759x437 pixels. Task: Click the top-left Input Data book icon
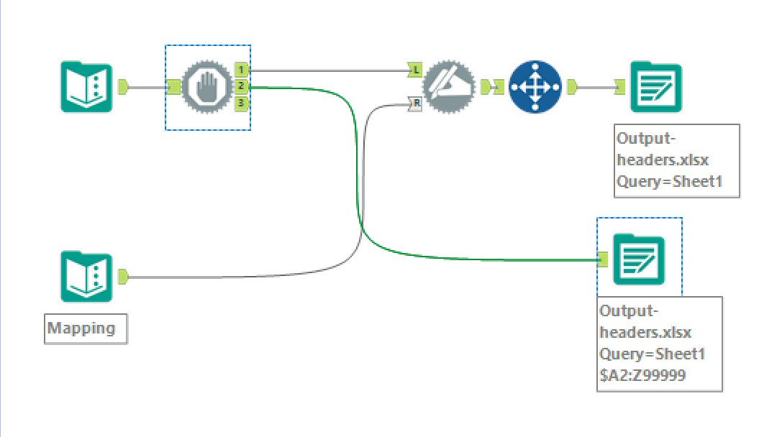pyautogui.click(x=86, y=87)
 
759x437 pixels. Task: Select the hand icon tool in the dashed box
pyautogui.click(x=207, y=87)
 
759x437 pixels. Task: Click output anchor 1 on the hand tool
pyautogui.click(x=242, y=70)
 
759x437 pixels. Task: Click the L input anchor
pyautogui.click(x=416, y=70)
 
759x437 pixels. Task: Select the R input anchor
pyautogui.click(x=416, y=104)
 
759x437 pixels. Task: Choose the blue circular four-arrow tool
pyautogui.click(x=535, y=87)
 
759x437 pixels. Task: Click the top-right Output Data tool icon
pyautogui.click(x=655, y=87)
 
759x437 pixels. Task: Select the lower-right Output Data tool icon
pyautogui.click(x=639, y=259)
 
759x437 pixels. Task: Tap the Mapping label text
pyautogui.click(x=81, y=328)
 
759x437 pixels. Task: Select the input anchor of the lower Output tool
pyautogui.click(x=603, y=259)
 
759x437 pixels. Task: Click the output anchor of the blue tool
pyautogui.click(x=572, y=87)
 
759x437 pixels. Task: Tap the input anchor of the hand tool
pyautogui.click(x=173, y=87)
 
